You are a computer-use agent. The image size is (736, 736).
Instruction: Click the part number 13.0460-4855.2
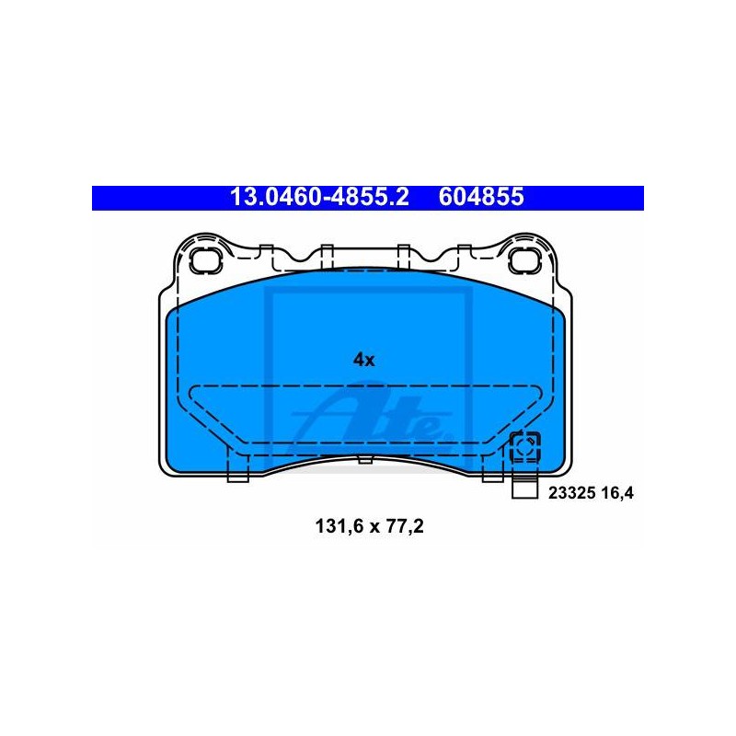[x=319, y=197]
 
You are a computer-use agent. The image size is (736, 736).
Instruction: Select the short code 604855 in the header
[x=481, y=197]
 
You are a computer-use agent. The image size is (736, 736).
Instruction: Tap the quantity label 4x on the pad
[x=363, y=360]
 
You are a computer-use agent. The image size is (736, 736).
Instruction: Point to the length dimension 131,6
[x=339, y=526]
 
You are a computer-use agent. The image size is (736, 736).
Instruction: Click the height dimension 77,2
[x=405, y=526]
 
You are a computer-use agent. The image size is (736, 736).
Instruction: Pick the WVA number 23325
[x=571, y=493]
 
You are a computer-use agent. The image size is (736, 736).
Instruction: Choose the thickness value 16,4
[x=617, y=493]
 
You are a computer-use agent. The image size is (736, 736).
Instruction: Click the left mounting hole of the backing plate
[x=205, y=260]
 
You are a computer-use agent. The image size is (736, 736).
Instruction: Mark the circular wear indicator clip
[x=524, y=447]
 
